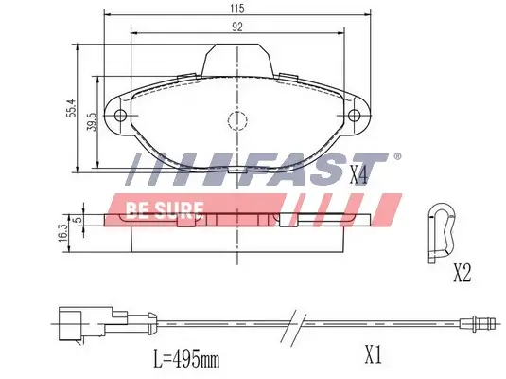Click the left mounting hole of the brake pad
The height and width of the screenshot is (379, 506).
(x=120, y=117)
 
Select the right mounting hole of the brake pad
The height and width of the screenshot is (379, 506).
(x=355, y=117)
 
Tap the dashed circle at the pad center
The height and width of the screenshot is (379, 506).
(x=236, y=121)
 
